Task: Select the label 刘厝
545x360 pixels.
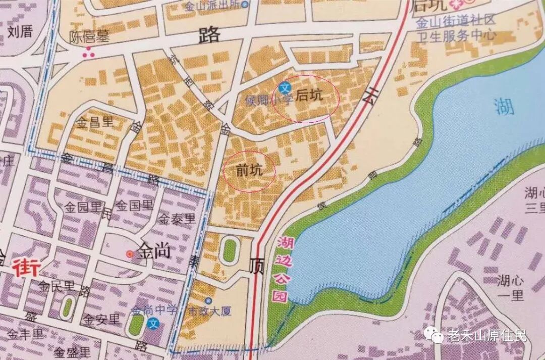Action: pos(20,32)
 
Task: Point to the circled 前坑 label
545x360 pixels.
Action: pos(249,171)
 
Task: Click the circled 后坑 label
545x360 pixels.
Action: pos(308,95)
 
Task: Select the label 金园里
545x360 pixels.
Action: pos(84,207)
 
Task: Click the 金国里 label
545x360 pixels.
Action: pos(134,205)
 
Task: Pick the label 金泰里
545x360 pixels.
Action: pos(177,219)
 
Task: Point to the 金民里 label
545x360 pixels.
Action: pos(57,286)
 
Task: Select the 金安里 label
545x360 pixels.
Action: pos(102,319)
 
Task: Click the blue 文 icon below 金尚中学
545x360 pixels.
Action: pos(154,323)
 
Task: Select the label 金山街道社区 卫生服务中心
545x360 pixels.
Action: pos(456,29)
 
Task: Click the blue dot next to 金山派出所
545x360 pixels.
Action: pos(245,5)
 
